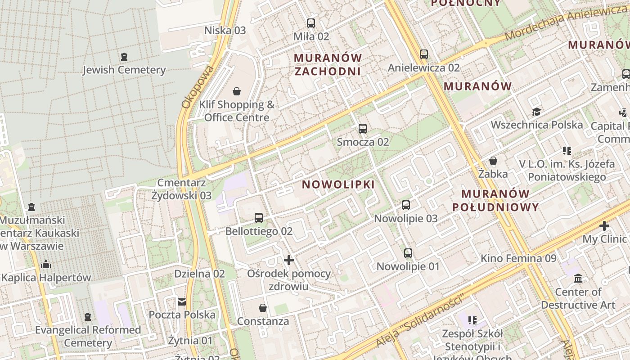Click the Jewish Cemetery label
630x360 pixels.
(124, 70)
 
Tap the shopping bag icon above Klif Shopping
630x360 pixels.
(237, 92)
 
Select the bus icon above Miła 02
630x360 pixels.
(311, 23)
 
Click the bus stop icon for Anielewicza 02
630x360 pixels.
(424, 54)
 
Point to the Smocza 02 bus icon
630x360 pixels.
(363, 129)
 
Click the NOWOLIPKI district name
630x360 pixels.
(338, 184)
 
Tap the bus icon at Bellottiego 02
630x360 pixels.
(259, 218)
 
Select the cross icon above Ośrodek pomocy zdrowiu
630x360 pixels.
(289, 260)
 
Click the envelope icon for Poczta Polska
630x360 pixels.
(182, 301)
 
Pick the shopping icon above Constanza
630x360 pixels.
(263, 308)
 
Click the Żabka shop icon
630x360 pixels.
(493, 161)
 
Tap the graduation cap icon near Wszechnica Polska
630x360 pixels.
(536, 112)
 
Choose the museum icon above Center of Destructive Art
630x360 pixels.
(578, 279)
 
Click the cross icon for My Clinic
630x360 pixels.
(604, 225)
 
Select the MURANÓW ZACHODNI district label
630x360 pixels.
(328, 64)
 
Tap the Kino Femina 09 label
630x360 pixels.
(518, 258)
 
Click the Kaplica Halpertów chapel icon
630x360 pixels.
(45, 264)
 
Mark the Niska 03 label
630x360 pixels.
(225, 31)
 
